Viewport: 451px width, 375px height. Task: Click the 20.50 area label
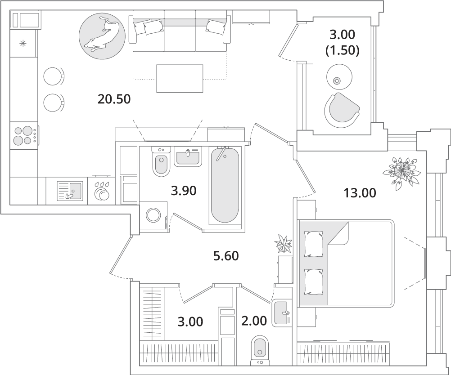(x=114, y=99)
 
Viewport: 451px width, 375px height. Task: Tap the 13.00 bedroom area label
(x=360, y=193)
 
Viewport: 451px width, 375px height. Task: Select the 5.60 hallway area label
(x=226, y=256)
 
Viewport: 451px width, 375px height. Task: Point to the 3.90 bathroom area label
(x=184, y=191)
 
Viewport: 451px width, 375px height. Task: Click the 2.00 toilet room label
(x=254, y=321)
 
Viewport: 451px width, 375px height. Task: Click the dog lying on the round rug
(x=102, y=35)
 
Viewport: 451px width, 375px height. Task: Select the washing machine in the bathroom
(x=153, y=215)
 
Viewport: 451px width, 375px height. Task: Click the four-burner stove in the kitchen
(x=24, y=135)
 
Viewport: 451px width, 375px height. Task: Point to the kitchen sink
(x=70, y=191)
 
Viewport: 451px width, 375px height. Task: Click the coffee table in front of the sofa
(x=180, y=78)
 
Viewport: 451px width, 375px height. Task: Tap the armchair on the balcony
(x=342, y=110)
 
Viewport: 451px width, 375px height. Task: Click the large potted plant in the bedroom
(x=401, y=173)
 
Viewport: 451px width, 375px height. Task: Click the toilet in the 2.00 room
(x=259, y=350)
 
